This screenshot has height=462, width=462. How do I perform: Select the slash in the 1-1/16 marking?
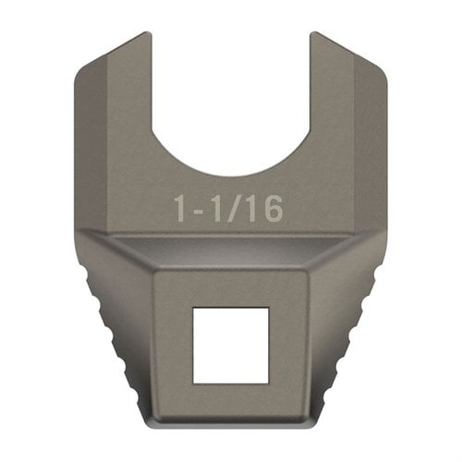pos(236,209)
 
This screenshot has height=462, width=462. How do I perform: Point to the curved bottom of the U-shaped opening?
pos(230,173)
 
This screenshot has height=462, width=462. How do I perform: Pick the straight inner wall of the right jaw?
pos(309,92)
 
